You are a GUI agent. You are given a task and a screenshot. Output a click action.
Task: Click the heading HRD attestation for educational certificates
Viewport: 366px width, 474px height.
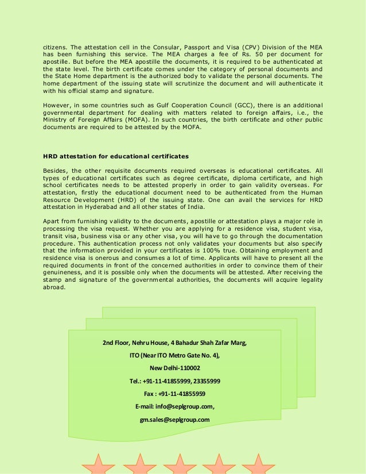116,156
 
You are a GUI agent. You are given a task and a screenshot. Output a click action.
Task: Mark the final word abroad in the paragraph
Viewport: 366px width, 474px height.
55,287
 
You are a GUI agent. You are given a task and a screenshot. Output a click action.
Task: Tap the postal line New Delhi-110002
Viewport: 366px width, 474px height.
174,368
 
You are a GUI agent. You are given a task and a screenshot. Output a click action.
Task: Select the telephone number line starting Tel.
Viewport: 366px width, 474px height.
174,381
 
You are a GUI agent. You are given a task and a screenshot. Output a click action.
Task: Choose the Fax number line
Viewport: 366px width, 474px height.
174,394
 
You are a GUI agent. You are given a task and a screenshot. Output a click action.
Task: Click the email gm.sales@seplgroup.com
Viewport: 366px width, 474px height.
174,419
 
